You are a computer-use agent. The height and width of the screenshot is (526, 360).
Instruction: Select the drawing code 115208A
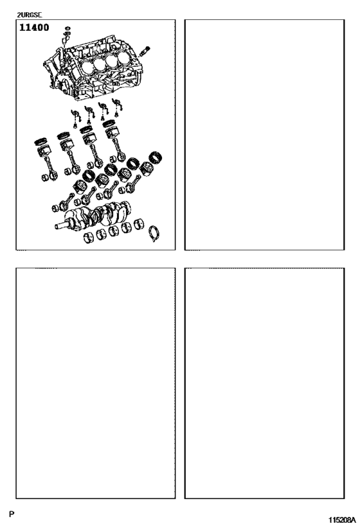(342, 519)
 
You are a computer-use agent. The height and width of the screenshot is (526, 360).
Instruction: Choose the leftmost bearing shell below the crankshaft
(90, 240)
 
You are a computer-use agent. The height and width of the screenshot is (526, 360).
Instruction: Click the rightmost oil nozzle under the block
(116, 103)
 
